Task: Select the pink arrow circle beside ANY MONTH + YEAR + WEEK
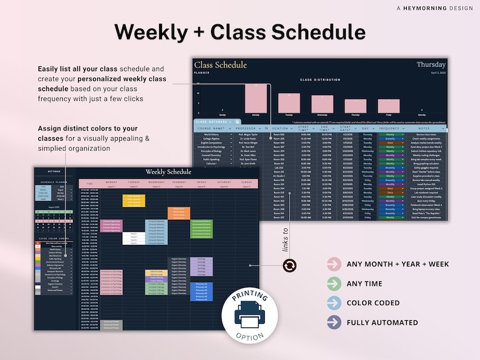click(x=334, y=264)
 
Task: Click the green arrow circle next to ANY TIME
click(x=334, y=283)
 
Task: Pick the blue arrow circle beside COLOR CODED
click(x=334, y=303)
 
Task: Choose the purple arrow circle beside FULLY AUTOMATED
click(x=334, y=322)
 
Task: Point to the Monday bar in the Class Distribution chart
click(x=256, y=98)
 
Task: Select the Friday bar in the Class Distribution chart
click(x=389, y=106)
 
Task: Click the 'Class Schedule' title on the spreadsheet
click(x=220, y=65)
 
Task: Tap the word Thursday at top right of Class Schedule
click(x=430, y=65)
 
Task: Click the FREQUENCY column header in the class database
click(x=389, y=128)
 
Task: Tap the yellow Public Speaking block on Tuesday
click(x=134, y=200)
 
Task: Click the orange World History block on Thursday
click(x=179, y=213)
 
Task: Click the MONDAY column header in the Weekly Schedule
click(x=111, y=182)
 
